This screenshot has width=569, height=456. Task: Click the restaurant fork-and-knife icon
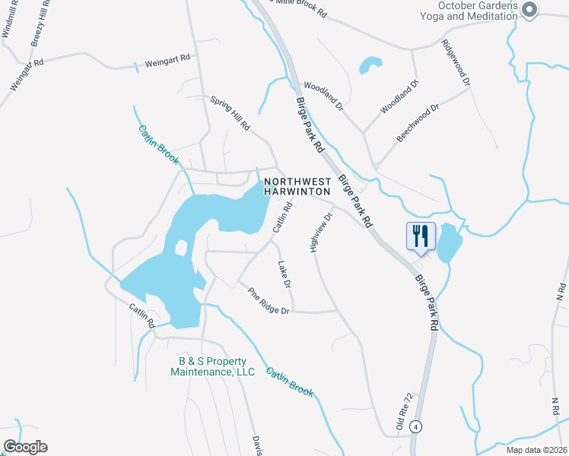tap(420, 236)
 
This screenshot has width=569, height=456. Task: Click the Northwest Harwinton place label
tap(297, 187)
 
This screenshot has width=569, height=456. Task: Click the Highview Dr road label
tap(322, 232)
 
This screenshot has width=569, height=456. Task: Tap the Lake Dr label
tap(285, 274)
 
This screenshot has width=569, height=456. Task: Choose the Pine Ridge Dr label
tap(269, 301)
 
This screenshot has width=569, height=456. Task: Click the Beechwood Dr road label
tap(418, 122)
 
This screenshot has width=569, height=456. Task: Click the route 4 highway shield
tap(415, 426)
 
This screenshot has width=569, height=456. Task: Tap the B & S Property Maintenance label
tap(212, 366)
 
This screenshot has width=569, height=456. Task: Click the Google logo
tap(24, 447)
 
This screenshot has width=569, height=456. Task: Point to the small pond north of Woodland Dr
tap(369, 65)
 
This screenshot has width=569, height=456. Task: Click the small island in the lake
tap(181, 247)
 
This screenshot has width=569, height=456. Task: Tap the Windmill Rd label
tap(10, 18)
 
